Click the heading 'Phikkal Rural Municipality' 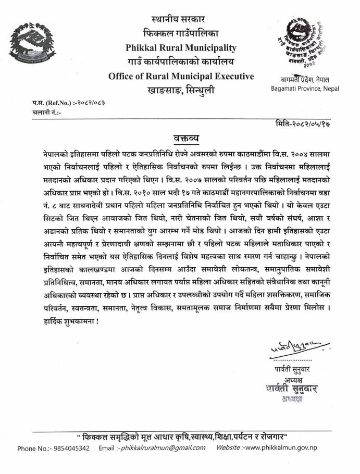click(181, 48)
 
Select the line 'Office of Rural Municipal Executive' click(181, 77)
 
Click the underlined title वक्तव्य click(186, 138)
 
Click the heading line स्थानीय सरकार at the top click(181, 21)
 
